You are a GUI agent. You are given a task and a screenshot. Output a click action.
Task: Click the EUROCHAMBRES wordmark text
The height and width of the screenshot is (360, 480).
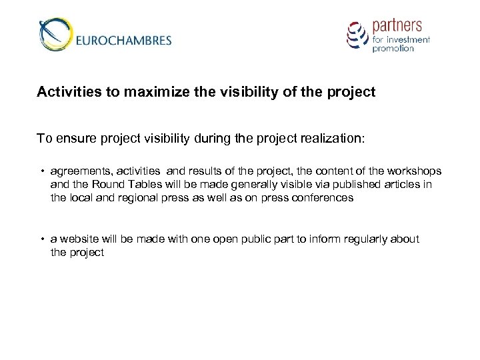124,40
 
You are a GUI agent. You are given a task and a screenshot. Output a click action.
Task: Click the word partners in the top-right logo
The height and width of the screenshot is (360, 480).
397,26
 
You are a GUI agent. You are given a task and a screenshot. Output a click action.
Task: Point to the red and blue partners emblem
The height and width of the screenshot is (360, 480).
357,34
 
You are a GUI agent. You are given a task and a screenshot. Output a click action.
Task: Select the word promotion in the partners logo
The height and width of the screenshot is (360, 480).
393,49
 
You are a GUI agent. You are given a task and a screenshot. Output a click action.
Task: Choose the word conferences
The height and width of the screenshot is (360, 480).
323,198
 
